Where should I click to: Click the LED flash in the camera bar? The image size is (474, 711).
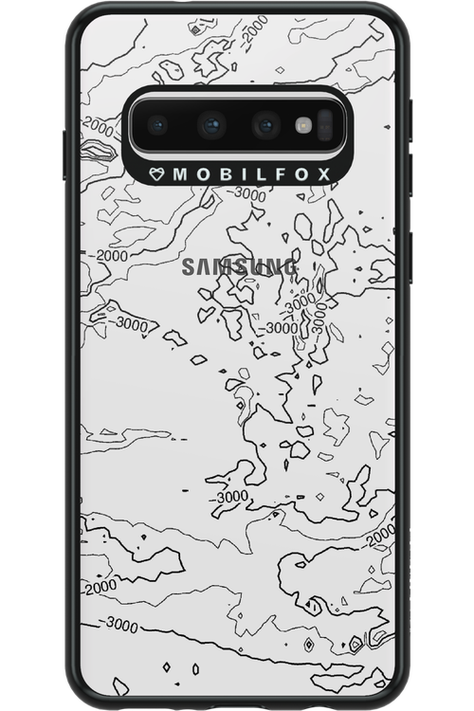[x=303, y=124]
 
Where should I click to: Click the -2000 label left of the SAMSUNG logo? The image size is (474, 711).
[x=103, y=256]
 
